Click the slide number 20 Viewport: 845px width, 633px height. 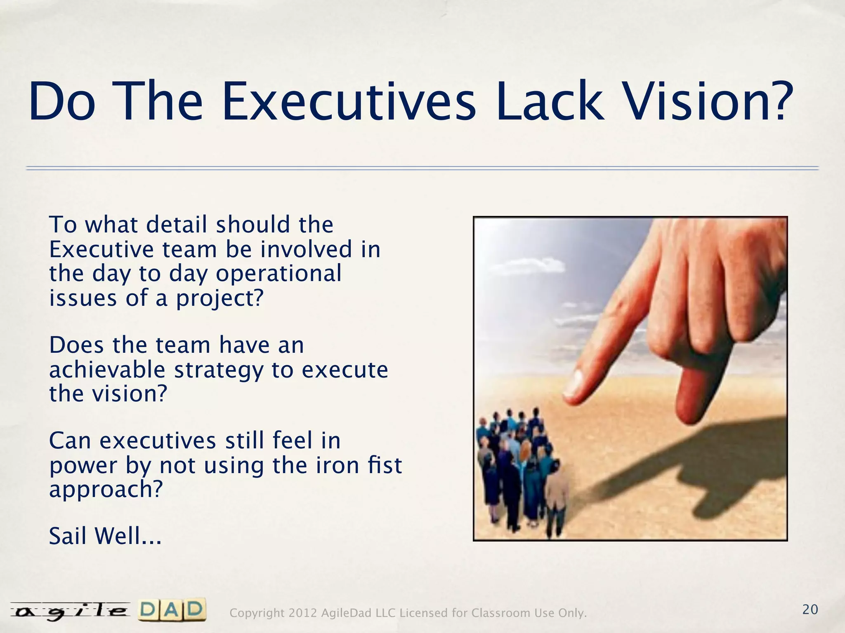[x=810, y=610]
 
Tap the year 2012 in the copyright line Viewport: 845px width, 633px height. [x=303, y=613]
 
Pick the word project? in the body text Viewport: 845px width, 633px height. [x=220, y=298]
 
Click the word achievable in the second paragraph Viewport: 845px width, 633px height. [x=107, y=370]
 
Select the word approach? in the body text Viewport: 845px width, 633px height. [x=106, y=490]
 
